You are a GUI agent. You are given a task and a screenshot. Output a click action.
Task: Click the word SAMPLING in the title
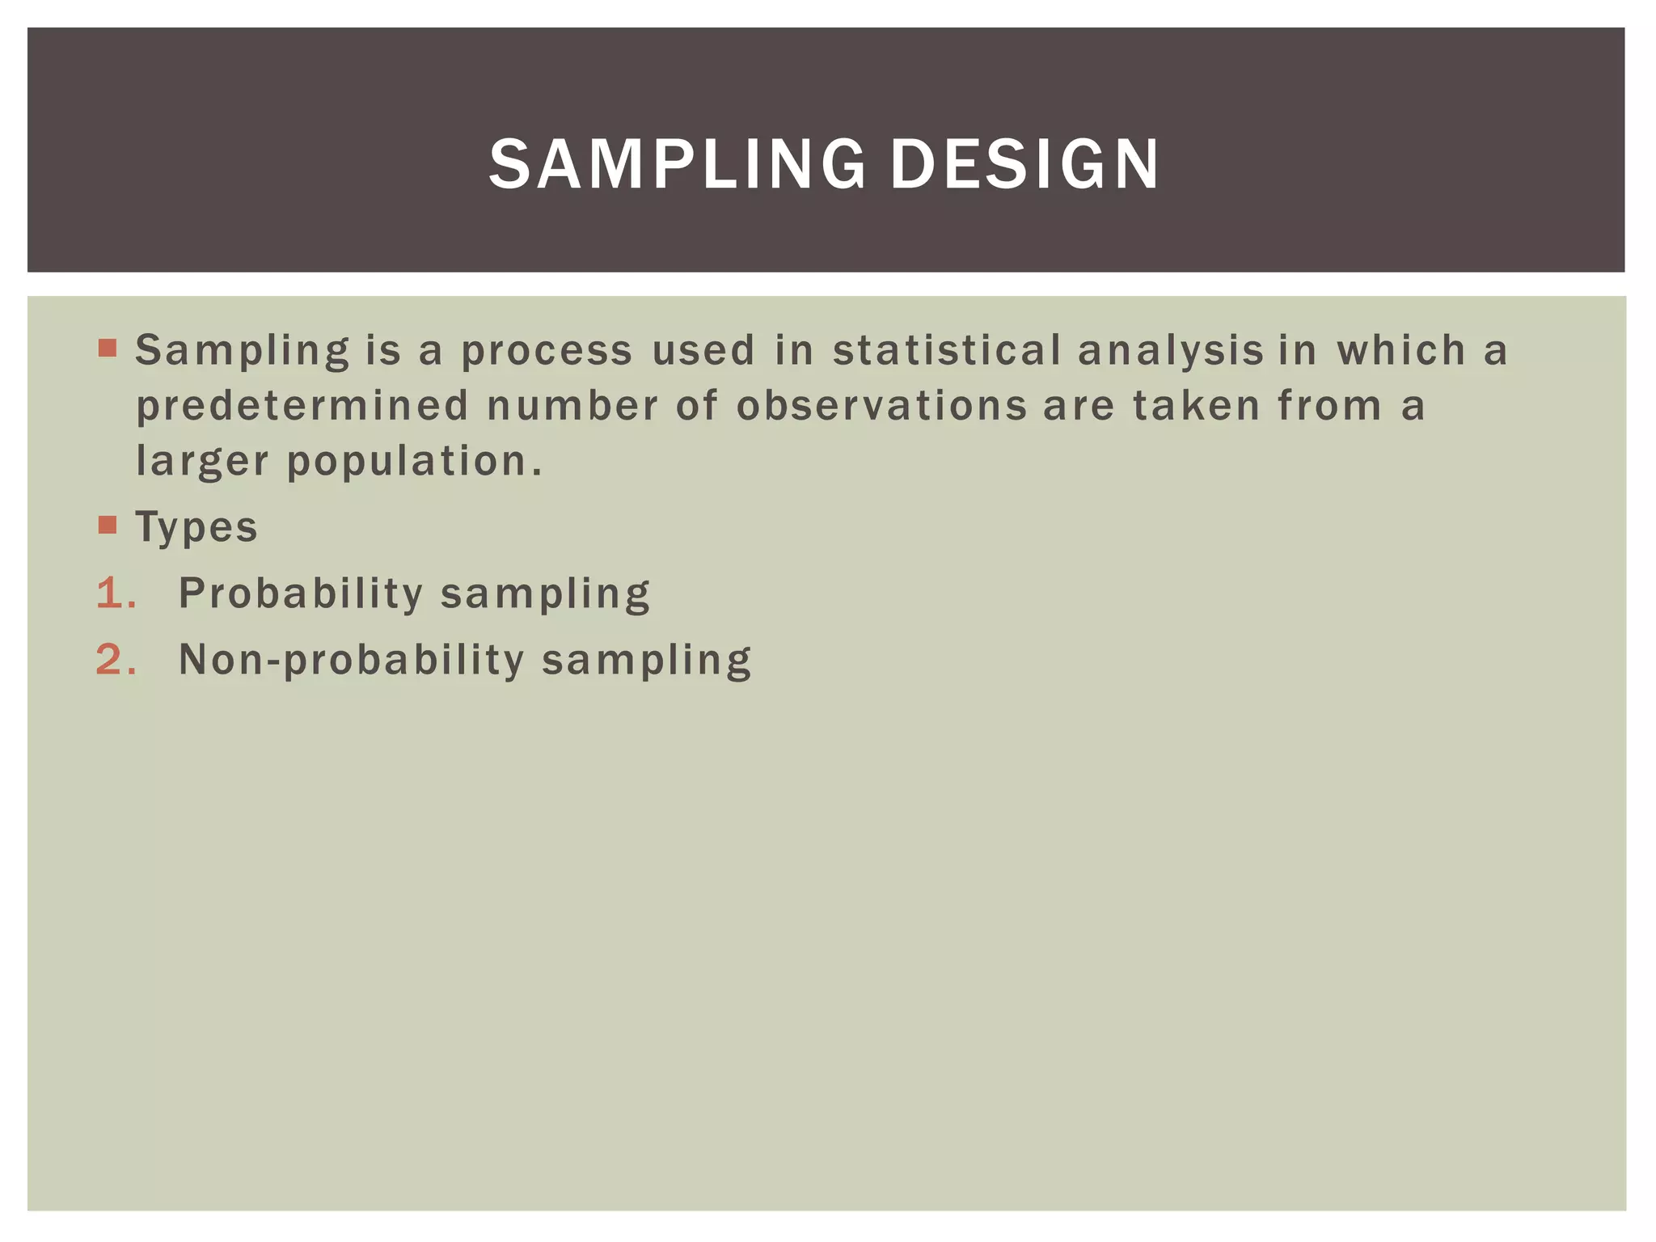pos(678,164)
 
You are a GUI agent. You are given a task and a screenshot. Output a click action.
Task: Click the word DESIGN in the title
pos(1024,164)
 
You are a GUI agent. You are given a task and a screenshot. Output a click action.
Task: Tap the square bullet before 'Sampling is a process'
pos(108,349)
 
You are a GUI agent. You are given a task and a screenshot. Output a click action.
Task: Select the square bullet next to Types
pos(108,525)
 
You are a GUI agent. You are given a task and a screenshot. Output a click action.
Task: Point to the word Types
pos(196,527)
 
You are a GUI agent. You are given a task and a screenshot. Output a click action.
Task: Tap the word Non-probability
pos(352,660)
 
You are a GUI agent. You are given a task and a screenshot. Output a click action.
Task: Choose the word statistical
pos(947,351)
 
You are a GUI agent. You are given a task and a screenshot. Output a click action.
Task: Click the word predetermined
pos(302,407)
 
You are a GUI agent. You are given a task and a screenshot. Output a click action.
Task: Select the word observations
pos(881,406)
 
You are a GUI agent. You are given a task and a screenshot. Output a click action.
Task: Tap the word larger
pos(202,463)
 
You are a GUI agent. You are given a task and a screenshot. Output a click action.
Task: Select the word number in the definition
pos(572,406)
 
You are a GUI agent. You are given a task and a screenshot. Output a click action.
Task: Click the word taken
pos(1197,406)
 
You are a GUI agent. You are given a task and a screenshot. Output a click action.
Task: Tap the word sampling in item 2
pos(647,661)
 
